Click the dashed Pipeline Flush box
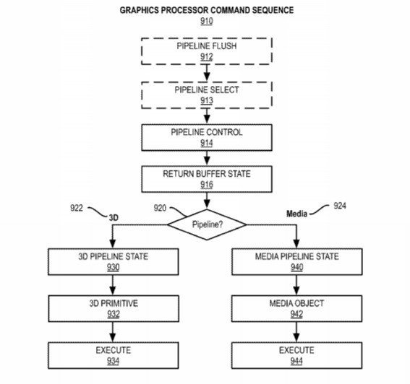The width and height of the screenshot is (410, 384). click(207, 51)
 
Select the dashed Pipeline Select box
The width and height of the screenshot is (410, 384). click(207, 95)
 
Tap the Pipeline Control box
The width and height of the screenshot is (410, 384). click(207, 138)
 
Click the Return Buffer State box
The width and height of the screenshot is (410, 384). click(207, 179)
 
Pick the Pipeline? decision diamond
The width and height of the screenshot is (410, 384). click(207, 224)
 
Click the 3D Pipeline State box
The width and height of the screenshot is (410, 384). click(114, 261)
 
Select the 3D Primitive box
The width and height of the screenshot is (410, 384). click(114, 308)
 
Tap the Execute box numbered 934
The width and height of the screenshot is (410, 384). click(114, 355)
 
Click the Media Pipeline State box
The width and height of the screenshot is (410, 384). click(296, 261)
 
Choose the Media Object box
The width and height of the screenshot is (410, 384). click(296, 308)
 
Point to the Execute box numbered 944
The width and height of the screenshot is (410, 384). click(296, 355)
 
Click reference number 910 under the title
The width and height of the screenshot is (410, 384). click(207, 21)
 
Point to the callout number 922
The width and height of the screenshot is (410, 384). click(77, 208)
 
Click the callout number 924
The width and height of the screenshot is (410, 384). click(340, 206)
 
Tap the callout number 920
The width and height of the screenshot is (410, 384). click(160, 208)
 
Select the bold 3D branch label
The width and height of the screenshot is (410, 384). click(114, 217)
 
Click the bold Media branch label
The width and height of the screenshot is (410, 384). click(296, 214)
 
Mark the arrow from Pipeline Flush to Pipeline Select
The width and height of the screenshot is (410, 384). click(207, 73)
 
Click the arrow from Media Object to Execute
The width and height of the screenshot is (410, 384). click(296, 332)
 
